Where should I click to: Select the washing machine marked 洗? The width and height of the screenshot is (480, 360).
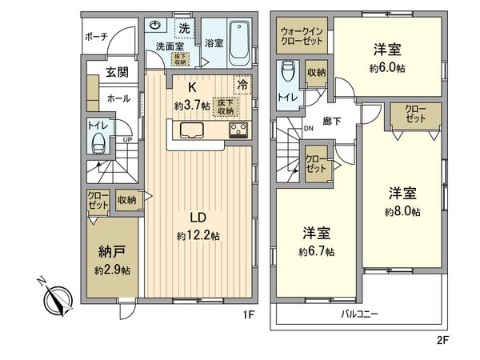click(183, 29)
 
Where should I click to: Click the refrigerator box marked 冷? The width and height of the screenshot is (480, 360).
click(240, 84)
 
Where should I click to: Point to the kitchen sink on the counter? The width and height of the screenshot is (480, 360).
click(192, 131)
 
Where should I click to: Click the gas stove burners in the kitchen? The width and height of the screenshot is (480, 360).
click(238, 132)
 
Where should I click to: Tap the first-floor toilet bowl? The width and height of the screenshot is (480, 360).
click(99, 142)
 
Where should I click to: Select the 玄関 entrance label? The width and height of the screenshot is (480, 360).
click(117, 73)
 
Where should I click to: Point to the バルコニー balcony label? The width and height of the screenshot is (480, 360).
click(359, 314)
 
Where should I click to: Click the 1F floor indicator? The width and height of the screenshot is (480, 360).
click(248, 315)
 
